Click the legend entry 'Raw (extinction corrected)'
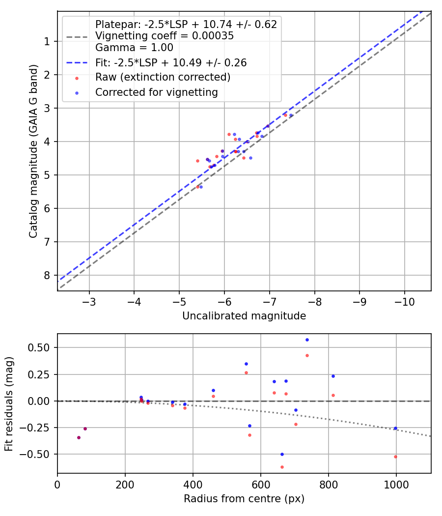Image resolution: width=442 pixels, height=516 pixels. [x=163, y=77]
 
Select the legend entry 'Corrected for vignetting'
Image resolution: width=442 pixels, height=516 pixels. [x=156, y=92]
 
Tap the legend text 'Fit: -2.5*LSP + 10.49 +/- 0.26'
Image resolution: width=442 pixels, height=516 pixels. [x=171, y=62]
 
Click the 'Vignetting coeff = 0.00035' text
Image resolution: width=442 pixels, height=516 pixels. [x=165, y=36]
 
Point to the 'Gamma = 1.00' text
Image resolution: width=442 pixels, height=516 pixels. [x=134, y=48]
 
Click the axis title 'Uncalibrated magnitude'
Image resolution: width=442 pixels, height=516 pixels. [x=244, y=316]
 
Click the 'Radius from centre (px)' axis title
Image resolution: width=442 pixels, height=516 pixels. [x=244, y=499]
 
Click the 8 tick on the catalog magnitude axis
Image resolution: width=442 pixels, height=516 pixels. [x=47, y=275]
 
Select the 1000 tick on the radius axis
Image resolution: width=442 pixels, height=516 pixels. [x=396, y=484]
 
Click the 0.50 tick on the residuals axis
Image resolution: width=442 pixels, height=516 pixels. [x=41, y=347]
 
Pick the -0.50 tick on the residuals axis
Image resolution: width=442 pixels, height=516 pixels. [x=39, y=454]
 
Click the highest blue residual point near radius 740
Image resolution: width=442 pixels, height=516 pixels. [x=307, y=340]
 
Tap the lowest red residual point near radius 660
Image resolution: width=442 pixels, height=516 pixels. [x=282, y=467]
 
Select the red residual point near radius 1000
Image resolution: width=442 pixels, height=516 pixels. [x=395, y=457]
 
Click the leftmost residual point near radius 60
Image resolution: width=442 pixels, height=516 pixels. [x=79, y=437]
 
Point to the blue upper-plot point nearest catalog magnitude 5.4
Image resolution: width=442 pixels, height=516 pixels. [x=201, y=187]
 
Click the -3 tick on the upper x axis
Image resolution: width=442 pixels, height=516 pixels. [x=89, y=301]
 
